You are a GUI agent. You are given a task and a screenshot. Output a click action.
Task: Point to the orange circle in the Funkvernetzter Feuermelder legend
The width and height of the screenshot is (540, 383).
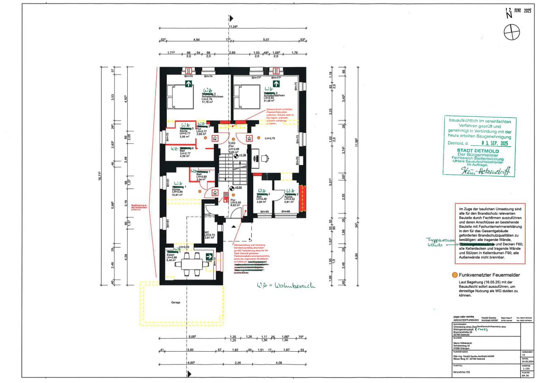click(x=455, y=274)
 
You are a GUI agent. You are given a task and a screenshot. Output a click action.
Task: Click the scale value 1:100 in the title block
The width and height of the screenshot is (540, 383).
click(x=526, y=368)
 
